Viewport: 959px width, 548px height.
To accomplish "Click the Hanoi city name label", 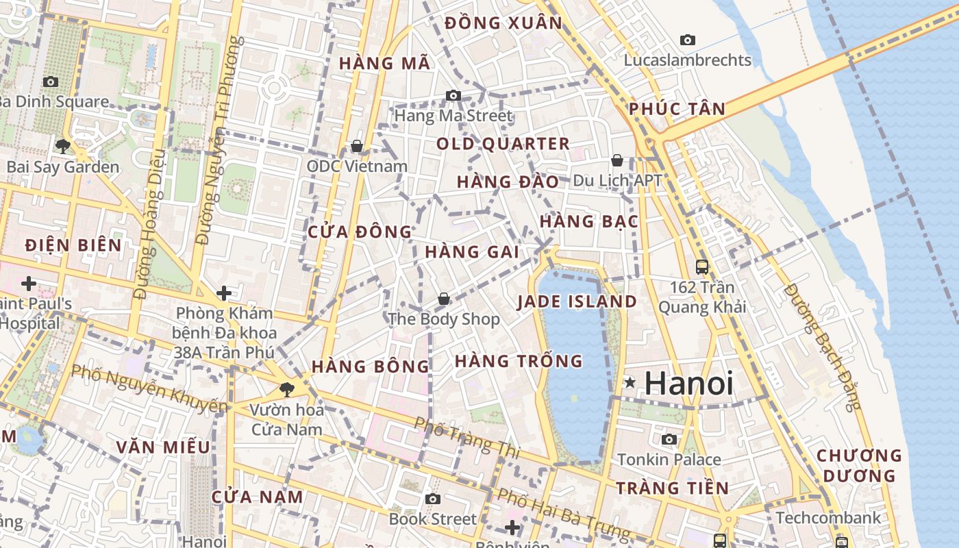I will coord(688,383).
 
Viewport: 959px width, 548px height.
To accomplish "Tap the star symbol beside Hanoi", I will coord(630,383).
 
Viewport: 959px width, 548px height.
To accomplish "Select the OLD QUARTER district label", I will coord(503,144).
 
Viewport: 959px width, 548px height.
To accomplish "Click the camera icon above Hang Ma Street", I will coord(453,95).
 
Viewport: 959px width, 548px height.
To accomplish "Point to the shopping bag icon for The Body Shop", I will coord(444,299).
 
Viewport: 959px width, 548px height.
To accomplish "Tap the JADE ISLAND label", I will coord(577,301).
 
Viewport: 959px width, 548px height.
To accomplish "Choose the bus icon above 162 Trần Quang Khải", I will coord(701,266).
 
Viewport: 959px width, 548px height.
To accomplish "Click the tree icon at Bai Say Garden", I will coord(62,146).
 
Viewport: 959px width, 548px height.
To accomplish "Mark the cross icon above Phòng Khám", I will coord(223,293).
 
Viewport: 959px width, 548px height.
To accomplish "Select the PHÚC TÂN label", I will coord(677,109).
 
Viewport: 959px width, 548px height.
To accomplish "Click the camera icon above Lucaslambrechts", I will coord(688,40).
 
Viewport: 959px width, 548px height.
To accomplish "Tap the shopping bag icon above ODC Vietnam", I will coord(356,146).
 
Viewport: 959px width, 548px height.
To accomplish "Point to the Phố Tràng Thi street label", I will coord(467,438).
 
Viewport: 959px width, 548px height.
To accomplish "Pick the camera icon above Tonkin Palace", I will coord(669,439).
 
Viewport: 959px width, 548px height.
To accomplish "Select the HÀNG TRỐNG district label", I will coord(519,360).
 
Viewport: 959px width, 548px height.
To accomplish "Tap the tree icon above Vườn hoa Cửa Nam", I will coord(286,390).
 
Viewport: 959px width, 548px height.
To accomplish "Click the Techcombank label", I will coord(828,517).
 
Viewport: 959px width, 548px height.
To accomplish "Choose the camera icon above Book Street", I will coord(432,499).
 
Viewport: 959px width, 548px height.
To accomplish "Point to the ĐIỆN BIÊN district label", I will coord(73,245).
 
